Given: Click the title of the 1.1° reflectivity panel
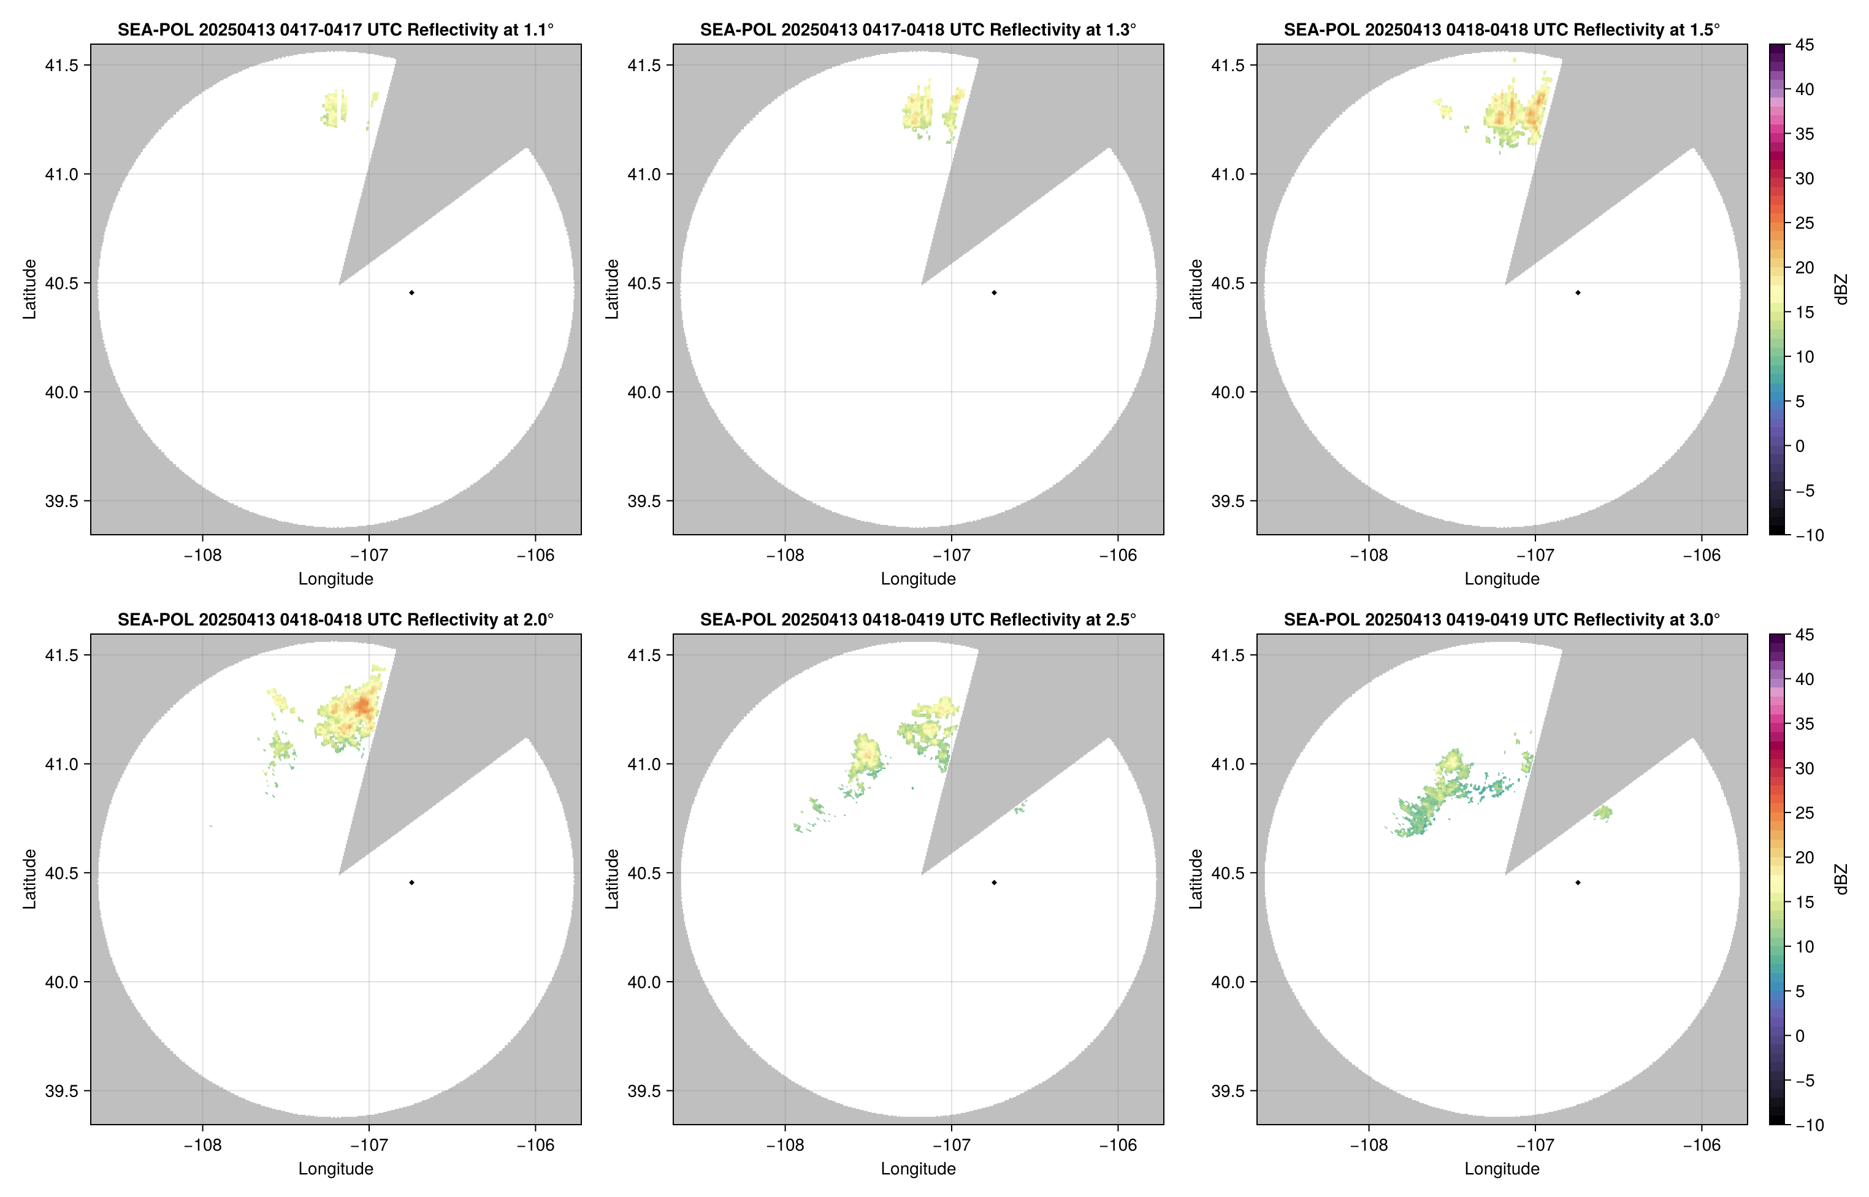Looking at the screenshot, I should click(335, 29).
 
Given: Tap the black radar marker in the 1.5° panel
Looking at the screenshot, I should click(1578, 293).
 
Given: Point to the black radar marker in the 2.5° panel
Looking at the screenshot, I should click(994, 883).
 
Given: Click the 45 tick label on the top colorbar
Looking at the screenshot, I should click(1805, 45).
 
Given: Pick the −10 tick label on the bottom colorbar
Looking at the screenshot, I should click(1809, 1125).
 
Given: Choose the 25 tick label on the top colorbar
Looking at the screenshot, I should click(1805, 223).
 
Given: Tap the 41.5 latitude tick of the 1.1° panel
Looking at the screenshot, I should click(61, 65).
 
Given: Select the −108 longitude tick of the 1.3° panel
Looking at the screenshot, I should click(784, 556).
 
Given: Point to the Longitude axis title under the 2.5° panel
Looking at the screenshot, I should click(918, 1169).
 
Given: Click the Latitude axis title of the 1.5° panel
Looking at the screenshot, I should click(1195, 289).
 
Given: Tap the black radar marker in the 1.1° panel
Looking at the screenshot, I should click(411, 293).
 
